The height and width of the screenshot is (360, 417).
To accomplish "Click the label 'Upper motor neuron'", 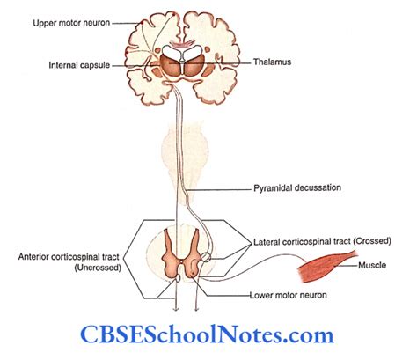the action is pyautogui.click(x=71, y=23).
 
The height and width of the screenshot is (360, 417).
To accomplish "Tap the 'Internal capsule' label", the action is pyautogui.click(x=79, y=65).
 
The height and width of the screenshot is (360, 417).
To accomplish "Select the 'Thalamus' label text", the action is pyautogui.click(x=272, y=62).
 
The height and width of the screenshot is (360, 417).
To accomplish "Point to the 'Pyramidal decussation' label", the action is pyautogui.click(x=297, y=187).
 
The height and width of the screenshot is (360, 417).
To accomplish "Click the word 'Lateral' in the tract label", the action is pyautogui.click(x=267, y=242).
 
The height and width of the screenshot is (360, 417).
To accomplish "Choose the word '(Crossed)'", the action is pyautogui.click(x=372, y=241).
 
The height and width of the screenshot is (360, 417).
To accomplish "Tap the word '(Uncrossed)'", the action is pyautogui.click(x=98, y=268).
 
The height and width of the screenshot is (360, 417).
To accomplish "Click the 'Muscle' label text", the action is pyautogui.click(x=372, y=265).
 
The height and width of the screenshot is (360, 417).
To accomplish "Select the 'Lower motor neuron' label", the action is pyautogui.click(x=288, y=295).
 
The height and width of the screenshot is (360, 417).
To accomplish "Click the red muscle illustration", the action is pyautogui.click(x=326, y=266).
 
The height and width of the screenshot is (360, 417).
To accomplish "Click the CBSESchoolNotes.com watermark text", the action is pyautogui.click(x=207, y=335).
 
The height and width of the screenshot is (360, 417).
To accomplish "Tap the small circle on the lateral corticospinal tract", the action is pyautogui.click(x=206, y=257).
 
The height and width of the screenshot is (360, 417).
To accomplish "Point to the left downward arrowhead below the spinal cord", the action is pyautogui.click(x=176, y=308).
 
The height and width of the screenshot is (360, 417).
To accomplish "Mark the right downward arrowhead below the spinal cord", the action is pyautogui.click(x=196, y=308).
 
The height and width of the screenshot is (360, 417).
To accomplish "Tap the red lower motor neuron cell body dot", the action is pyautogui.click(x=193, y=275).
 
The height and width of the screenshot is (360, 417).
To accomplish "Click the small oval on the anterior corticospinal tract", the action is pyautogui.click(x=177, y=278).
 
